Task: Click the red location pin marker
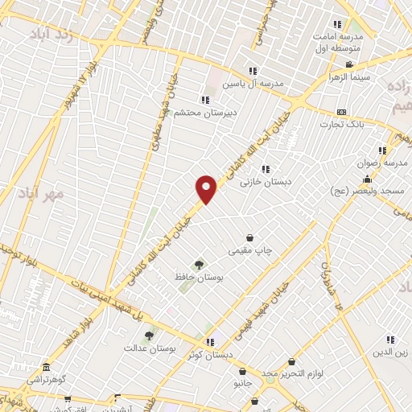coord(207,188)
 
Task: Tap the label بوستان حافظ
coord(197,278)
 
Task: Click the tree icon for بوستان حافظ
coord(197,265)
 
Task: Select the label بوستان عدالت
coord(149,348)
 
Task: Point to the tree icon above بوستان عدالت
coord(149,336)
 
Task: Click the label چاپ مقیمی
coord(251,250)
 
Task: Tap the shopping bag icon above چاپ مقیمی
coord(251,237)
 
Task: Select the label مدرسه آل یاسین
coord(256,84)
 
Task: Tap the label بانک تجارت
coord(343,125)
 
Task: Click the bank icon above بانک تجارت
coord(342,112)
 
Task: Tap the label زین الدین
coord(391,353)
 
